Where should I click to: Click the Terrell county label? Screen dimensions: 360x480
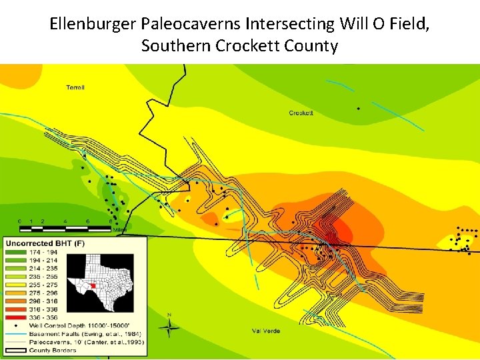coord(75,87)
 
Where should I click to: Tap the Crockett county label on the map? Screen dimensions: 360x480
coord(301,113)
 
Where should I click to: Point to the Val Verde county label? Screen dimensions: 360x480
coord(266,331)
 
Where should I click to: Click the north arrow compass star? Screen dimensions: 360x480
coord(169,327)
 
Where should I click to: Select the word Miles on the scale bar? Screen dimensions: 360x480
coord(119,230)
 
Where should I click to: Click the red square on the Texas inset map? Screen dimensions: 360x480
coord(94,285)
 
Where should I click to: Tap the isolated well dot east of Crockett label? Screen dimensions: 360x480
coord(359,107)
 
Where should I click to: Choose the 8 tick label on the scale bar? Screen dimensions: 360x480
coord(110,221)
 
